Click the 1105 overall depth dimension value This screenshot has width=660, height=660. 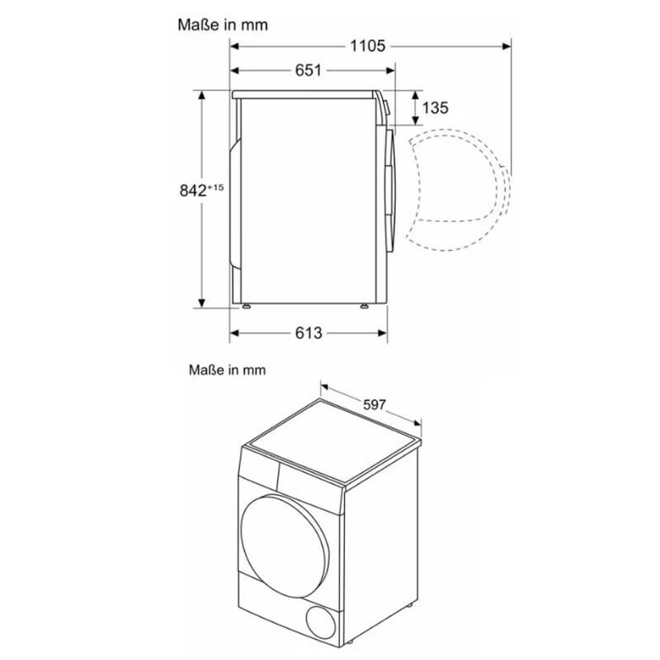pos(367,46)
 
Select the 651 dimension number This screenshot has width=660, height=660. pos(308,70)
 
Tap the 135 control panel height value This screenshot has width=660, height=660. pos(436,108)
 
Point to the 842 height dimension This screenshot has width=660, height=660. pos(193,191)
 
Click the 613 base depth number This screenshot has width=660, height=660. pos(308,333)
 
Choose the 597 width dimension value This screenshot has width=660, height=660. pos(375,404)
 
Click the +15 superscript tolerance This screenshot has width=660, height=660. pos(215,187)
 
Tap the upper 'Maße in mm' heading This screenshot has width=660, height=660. pos(223,25)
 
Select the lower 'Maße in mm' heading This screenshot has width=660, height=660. pos(228,370)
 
